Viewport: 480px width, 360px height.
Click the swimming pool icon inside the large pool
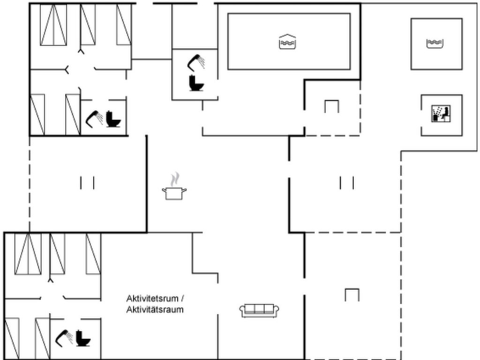click(x=287, y=42)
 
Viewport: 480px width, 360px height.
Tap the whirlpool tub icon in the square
click(x=435, y=44)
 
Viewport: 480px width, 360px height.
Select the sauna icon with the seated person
click(x=441, y=113)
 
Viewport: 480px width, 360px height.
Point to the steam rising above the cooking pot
click(x=175, y=180)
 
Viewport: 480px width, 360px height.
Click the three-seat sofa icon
click(x=259, y=311)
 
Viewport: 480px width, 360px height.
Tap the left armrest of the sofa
click(x=242, y=311)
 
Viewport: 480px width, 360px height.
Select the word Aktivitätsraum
click(x=155, y=309)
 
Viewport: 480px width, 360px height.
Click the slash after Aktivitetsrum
click(x=182, y=298)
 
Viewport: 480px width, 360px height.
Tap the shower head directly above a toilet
click(x=196, y=62)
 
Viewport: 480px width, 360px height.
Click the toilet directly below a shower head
click(x=196, y=82)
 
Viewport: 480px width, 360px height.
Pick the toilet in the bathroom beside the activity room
click(x=83, y=338)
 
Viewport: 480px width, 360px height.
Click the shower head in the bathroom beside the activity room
click(x=64, y=338)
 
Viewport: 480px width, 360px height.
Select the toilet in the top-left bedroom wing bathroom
click(x=113, y=119)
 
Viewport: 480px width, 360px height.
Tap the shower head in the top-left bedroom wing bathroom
click(x=94, y=119)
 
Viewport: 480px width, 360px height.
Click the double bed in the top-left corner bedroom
click(x=53, y=25)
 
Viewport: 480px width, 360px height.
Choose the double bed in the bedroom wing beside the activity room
click(x=28, y=254)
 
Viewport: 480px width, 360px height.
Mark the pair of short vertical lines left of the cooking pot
click(x=87, y=183)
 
